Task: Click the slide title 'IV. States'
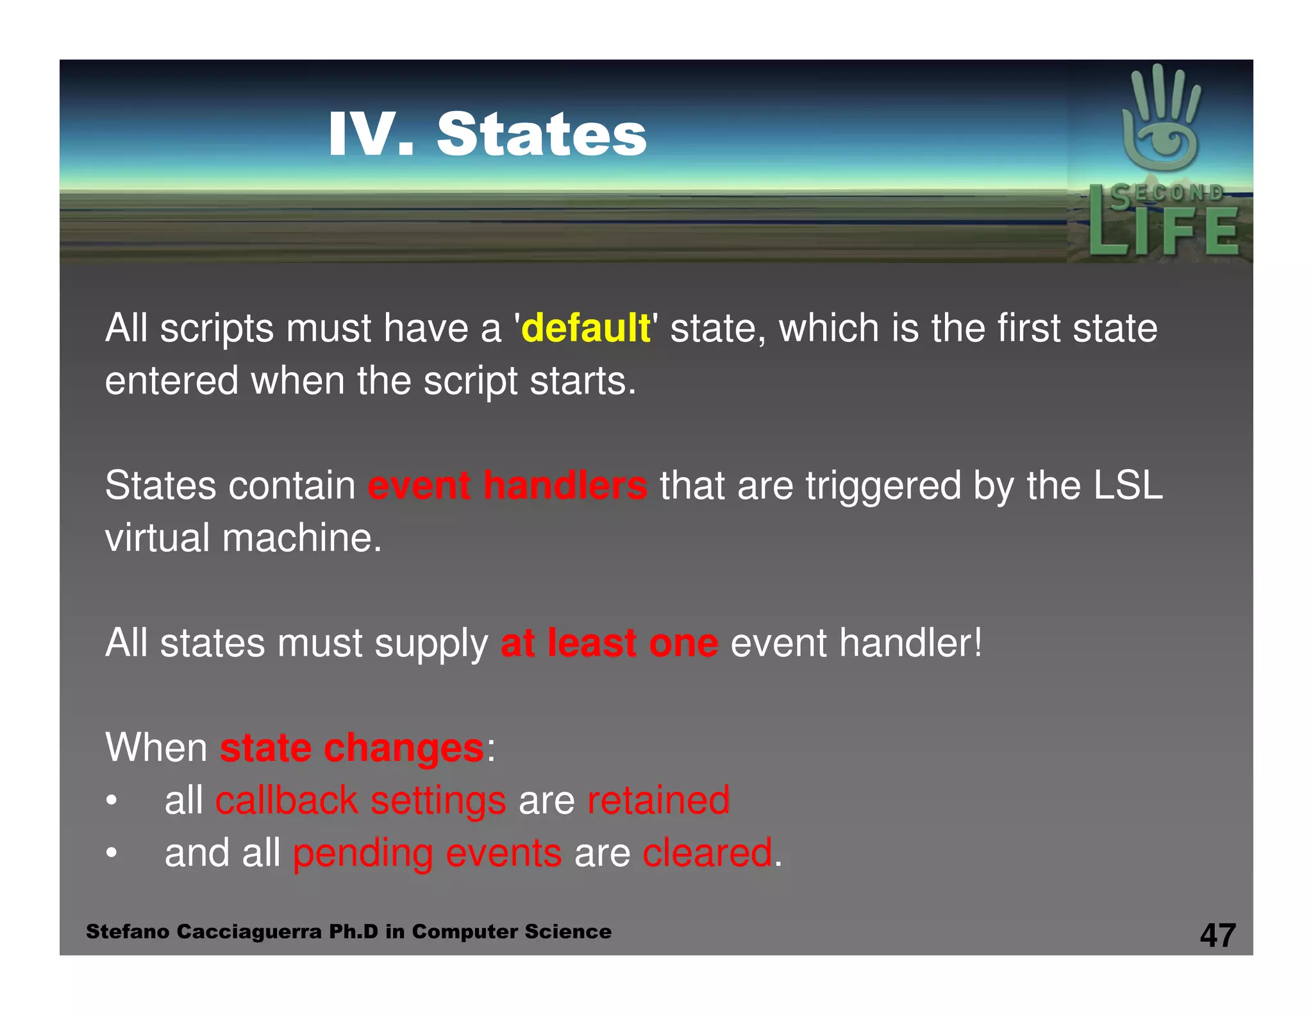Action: [487, 135]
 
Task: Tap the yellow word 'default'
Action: [585, 328]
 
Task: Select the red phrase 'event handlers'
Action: [507, 486]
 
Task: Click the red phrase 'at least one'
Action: [609, 643]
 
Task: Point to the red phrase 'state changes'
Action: [351, 748]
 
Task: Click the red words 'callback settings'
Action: [360, 801]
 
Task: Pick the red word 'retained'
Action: [658, 801]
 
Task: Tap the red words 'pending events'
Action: [427, 853]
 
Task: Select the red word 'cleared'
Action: [707, 853]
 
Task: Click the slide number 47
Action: [1217, 935]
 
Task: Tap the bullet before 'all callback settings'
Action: [112, 801]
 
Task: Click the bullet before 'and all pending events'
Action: [112, 854]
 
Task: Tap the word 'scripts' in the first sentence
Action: [217, 328]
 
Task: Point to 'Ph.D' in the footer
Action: [353, 932]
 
